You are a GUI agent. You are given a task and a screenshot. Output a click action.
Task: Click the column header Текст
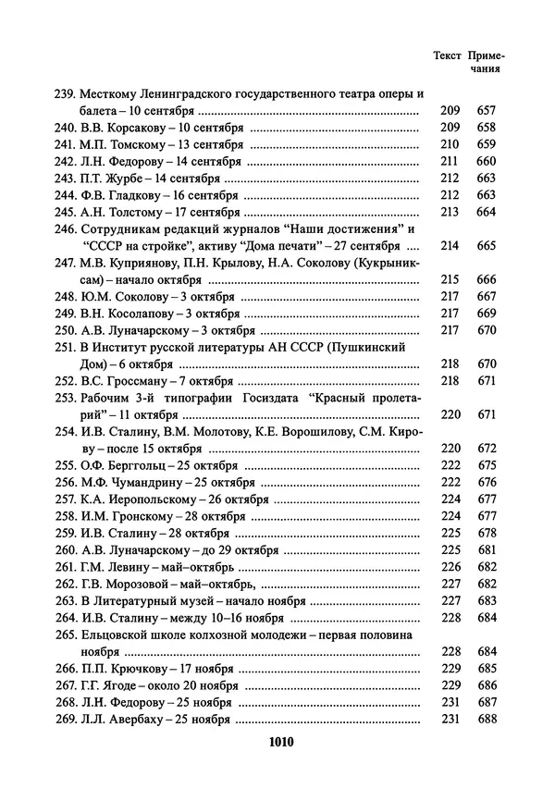(x=448, y=55)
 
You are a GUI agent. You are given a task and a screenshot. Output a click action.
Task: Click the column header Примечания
(x=487, y=61)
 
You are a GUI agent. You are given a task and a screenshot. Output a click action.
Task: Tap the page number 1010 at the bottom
(x=279, y=742)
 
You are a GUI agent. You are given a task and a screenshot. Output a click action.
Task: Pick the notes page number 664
(x=487, y=211)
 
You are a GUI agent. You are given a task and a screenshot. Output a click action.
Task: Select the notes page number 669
(x=487, y=314)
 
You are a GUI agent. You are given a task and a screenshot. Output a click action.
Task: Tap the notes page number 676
(x=487, y=482)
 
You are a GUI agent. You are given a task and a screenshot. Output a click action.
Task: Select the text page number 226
(x=450, y=567)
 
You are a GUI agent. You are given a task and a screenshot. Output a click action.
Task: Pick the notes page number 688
(x=487, y=719)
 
